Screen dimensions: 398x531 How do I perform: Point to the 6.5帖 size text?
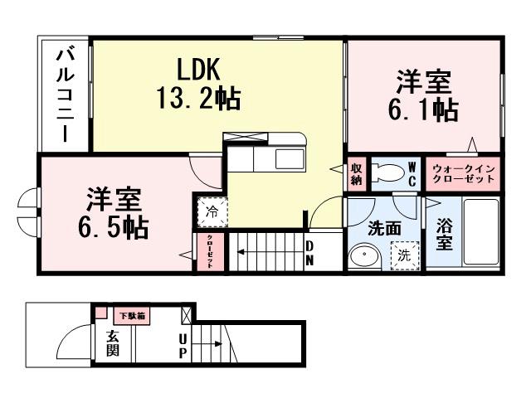[115, 226]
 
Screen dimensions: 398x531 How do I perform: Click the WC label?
[412, 173]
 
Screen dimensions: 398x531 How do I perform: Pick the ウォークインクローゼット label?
[464, 173]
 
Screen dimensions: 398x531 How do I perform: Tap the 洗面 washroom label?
[385, 227]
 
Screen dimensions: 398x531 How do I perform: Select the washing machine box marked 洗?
[404, 256]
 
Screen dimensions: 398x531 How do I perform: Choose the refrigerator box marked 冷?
[211, 211]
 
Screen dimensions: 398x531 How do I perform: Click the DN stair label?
[309, 252]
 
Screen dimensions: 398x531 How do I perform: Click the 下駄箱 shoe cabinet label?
[131, 316]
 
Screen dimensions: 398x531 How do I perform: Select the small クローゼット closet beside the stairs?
[210, 252]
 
